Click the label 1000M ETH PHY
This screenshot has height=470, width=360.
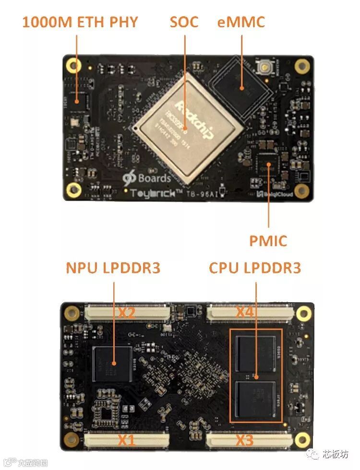pos(80,22)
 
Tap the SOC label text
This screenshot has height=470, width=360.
pos(184,22)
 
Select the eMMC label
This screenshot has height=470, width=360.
pos(240,22)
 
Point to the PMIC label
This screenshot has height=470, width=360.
pos(268,240)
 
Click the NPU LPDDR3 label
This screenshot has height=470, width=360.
pos(113,268)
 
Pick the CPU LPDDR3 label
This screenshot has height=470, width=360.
pos(255,268)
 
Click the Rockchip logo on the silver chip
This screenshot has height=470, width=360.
pos(194,120)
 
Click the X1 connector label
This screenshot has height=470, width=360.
pos(127,439)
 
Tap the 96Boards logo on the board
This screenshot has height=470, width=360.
pos(146,178)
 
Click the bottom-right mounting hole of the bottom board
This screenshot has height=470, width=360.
pos(303,438)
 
